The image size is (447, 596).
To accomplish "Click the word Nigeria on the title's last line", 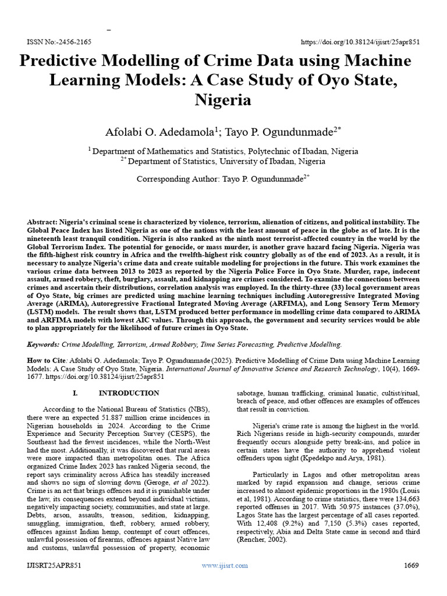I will (223, 100).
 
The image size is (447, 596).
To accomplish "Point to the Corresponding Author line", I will (223, 179).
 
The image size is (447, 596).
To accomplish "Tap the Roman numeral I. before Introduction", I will (75, 393).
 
